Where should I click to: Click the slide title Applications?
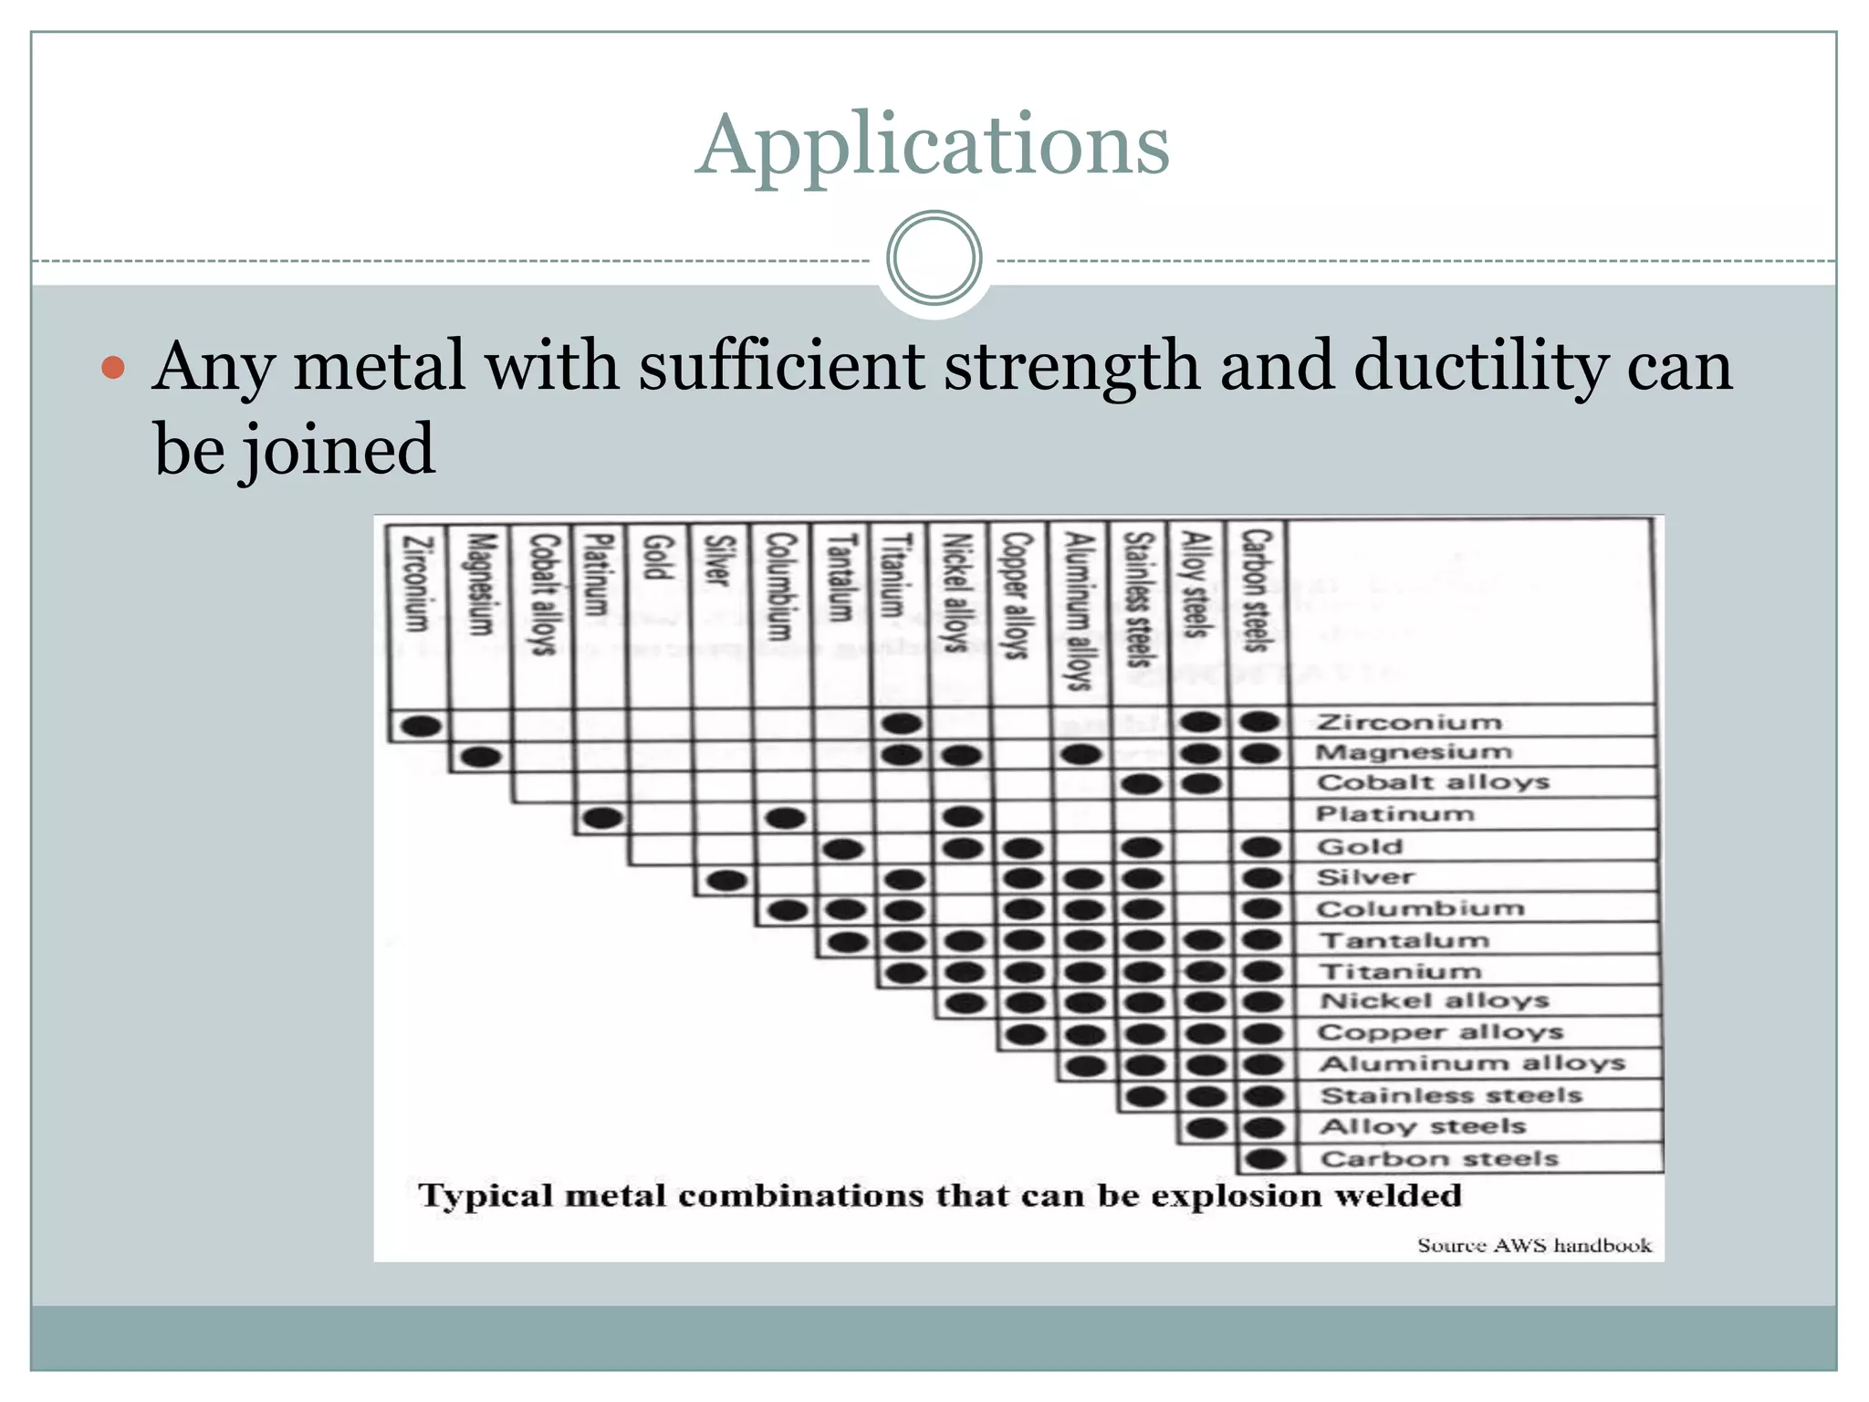click(932, 146)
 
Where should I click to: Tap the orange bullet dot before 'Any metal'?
click(113, 368)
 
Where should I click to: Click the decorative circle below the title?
click(934, 258)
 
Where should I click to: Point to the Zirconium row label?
click(1409, 722)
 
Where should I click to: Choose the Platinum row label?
click(1394, 813)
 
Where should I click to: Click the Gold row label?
click(1359, 846)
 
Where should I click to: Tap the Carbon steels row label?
click(1439, 1158)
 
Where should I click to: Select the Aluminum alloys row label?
click(1472, 1063)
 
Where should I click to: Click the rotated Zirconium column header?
click(416, 583)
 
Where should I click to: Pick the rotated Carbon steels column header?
click(1258, 591)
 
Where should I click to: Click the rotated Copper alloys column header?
click(1016, 595)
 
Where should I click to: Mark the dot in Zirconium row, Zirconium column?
click(421, 727)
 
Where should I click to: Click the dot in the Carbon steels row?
click(1266, 1159)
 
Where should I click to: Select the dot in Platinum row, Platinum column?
click(602, 818)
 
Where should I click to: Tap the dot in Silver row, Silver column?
click(727, 881)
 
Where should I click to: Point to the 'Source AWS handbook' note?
click(1534, 1245)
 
